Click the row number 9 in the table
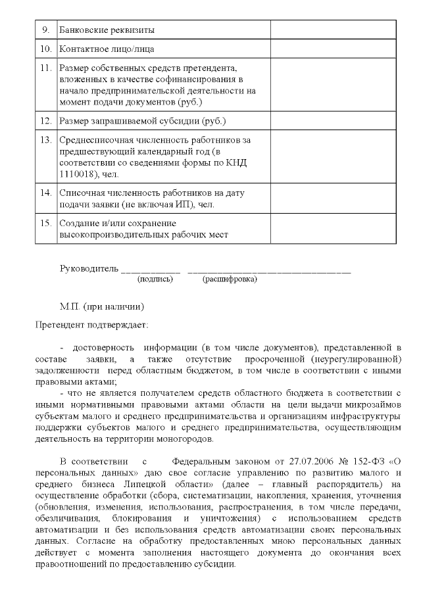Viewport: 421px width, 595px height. [45, 30]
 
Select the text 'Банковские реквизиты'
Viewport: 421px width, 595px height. [108, 30]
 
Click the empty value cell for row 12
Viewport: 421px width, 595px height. [333, 121]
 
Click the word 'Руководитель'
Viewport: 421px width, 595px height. [89, 268]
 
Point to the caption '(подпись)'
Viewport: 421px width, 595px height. [155, 279]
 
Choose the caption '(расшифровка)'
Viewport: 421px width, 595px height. [230, 279]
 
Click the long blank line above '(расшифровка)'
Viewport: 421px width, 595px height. [269, 271]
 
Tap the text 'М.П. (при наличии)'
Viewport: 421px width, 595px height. [101, 306]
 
